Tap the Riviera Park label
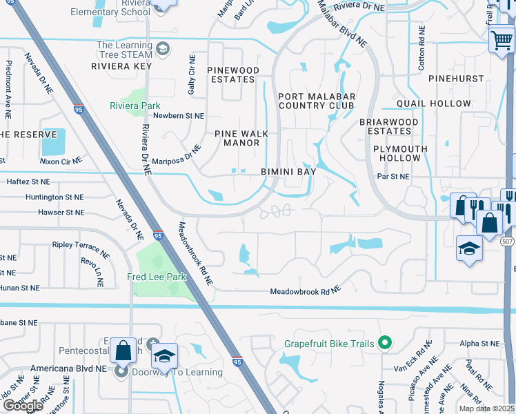tap(135, 106)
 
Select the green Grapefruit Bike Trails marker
tap(386, 343)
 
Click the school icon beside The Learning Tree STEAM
tap(163, 48)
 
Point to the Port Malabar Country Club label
tap(316, 101)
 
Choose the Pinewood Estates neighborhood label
tap(233, 75)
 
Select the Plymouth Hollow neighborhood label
tap(400, 153)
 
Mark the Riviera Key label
tap(121, 66)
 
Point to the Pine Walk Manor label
tap(241, 138)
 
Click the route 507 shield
tap(508, 241)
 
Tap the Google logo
tap(22, 405)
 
